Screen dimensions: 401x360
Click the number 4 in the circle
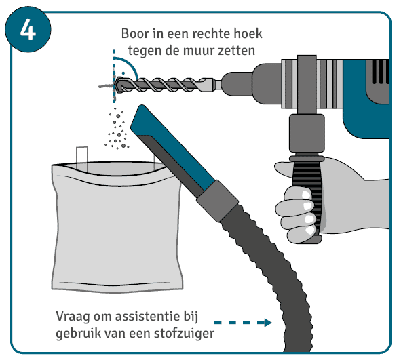click(x=28, y=30)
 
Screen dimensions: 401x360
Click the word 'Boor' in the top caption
click(x=134, y=34)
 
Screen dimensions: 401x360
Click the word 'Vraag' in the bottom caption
click(x=73, y=317)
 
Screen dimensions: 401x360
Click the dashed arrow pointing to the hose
click(x=243, y=323)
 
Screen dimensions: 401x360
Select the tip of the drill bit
click(x=115, y=85)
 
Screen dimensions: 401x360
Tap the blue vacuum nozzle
click(x=172, y=149)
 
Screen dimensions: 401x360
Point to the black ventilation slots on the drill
click(x=381, y=72)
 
